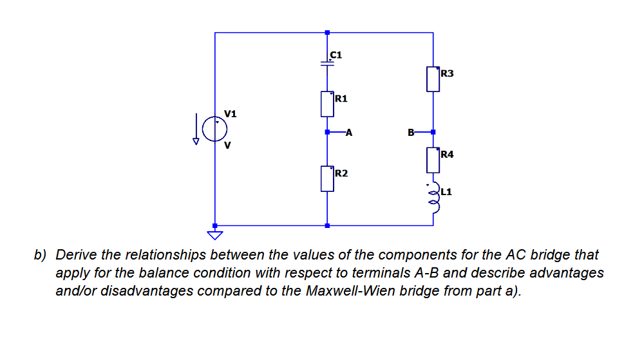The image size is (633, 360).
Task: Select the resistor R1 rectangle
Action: coord(327,103)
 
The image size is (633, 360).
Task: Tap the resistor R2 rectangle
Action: coord(327,178)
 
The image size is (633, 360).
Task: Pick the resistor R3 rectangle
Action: coord(433,79)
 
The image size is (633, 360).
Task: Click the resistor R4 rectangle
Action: coord(433,160)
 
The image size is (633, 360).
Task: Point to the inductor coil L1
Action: coord(433,196)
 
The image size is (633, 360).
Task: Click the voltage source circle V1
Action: coord(214,129)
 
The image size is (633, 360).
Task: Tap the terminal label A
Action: coord(348,133)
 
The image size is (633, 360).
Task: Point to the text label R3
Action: coord(447,73)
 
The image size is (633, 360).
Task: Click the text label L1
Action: coord(448,192)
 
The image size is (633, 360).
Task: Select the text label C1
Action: coord(335,55)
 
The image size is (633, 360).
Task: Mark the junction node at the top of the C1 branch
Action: coord(327,32)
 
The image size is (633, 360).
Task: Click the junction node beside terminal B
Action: coord(433,133)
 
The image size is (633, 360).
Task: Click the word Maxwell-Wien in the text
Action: coord(362,290)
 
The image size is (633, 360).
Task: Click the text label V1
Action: coord(231,114)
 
